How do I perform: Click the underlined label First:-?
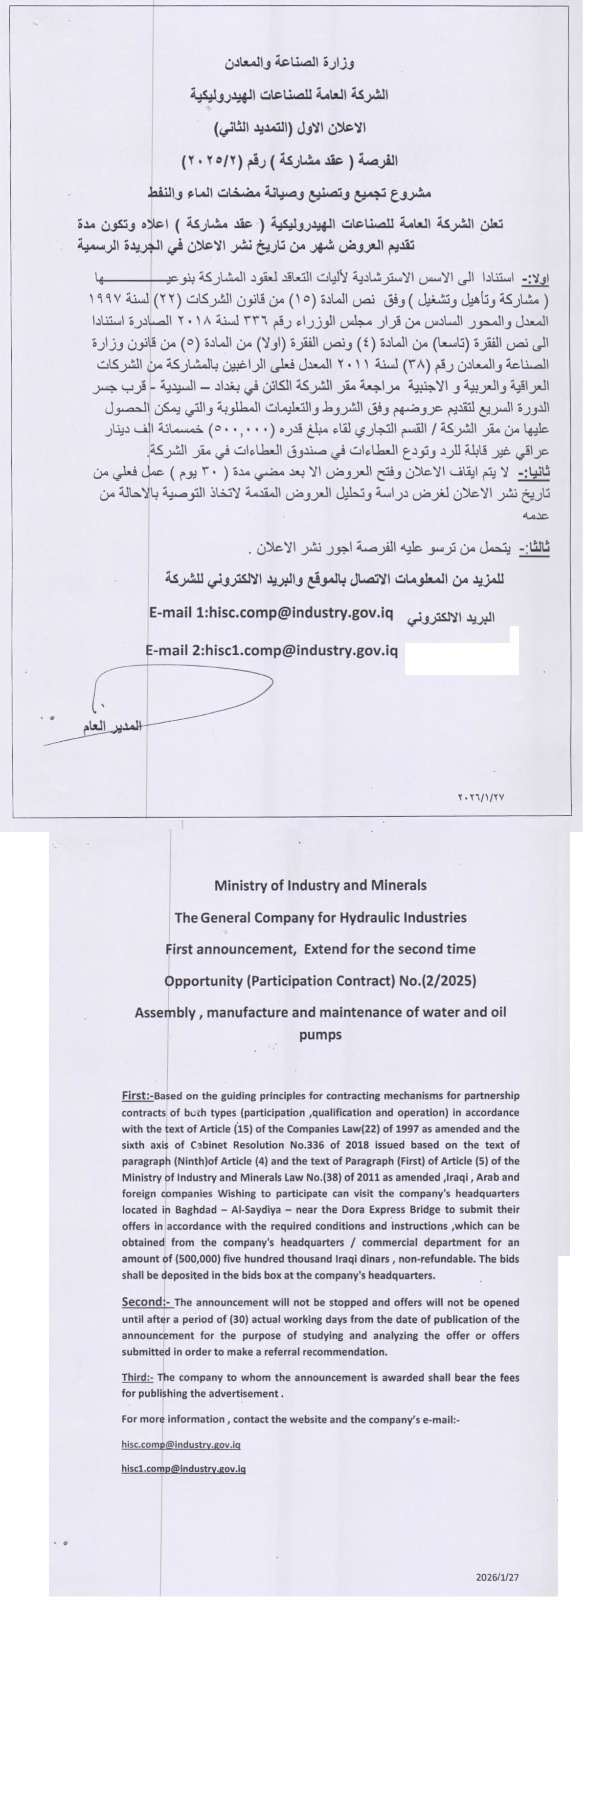(137, 1095)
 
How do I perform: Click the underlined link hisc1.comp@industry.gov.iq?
(183, 1468)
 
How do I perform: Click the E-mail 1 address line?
(271, 613)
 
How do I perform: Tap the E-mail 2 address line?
(271, 650)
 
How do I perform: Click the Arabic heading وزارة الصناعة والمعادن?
(289, 63)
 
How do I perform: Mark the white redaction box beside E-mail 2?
(461, 651)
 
